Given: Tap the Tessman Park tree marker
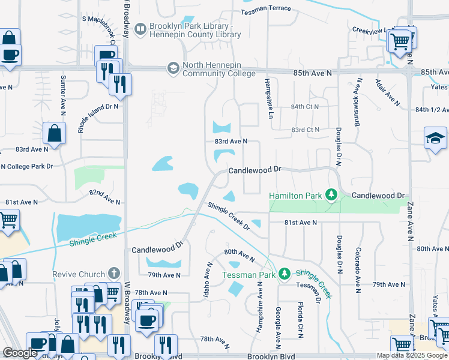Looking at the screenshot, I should tap(285, 274).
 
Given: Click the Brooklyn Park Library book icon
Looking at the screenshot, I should tap(140, 28).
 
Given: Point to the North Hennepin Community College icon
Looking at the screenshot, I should tap(173, 68).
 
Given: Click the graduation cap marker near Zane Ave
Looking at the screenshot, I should tap(435, 139).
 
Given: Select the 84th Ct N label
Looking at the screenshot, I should tap(306, 106).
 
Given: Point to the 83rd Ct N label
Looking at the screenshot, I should tap(306, 130).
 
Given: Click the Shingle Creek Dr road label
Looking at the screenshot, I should tap(229, 215).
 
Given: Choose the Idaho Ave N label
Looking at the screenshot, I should tap(209, 280).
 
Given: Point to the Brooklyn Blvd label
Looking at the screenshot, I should tap(271, 356).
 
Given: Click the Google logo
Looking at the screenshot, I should tap(20, 353).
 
